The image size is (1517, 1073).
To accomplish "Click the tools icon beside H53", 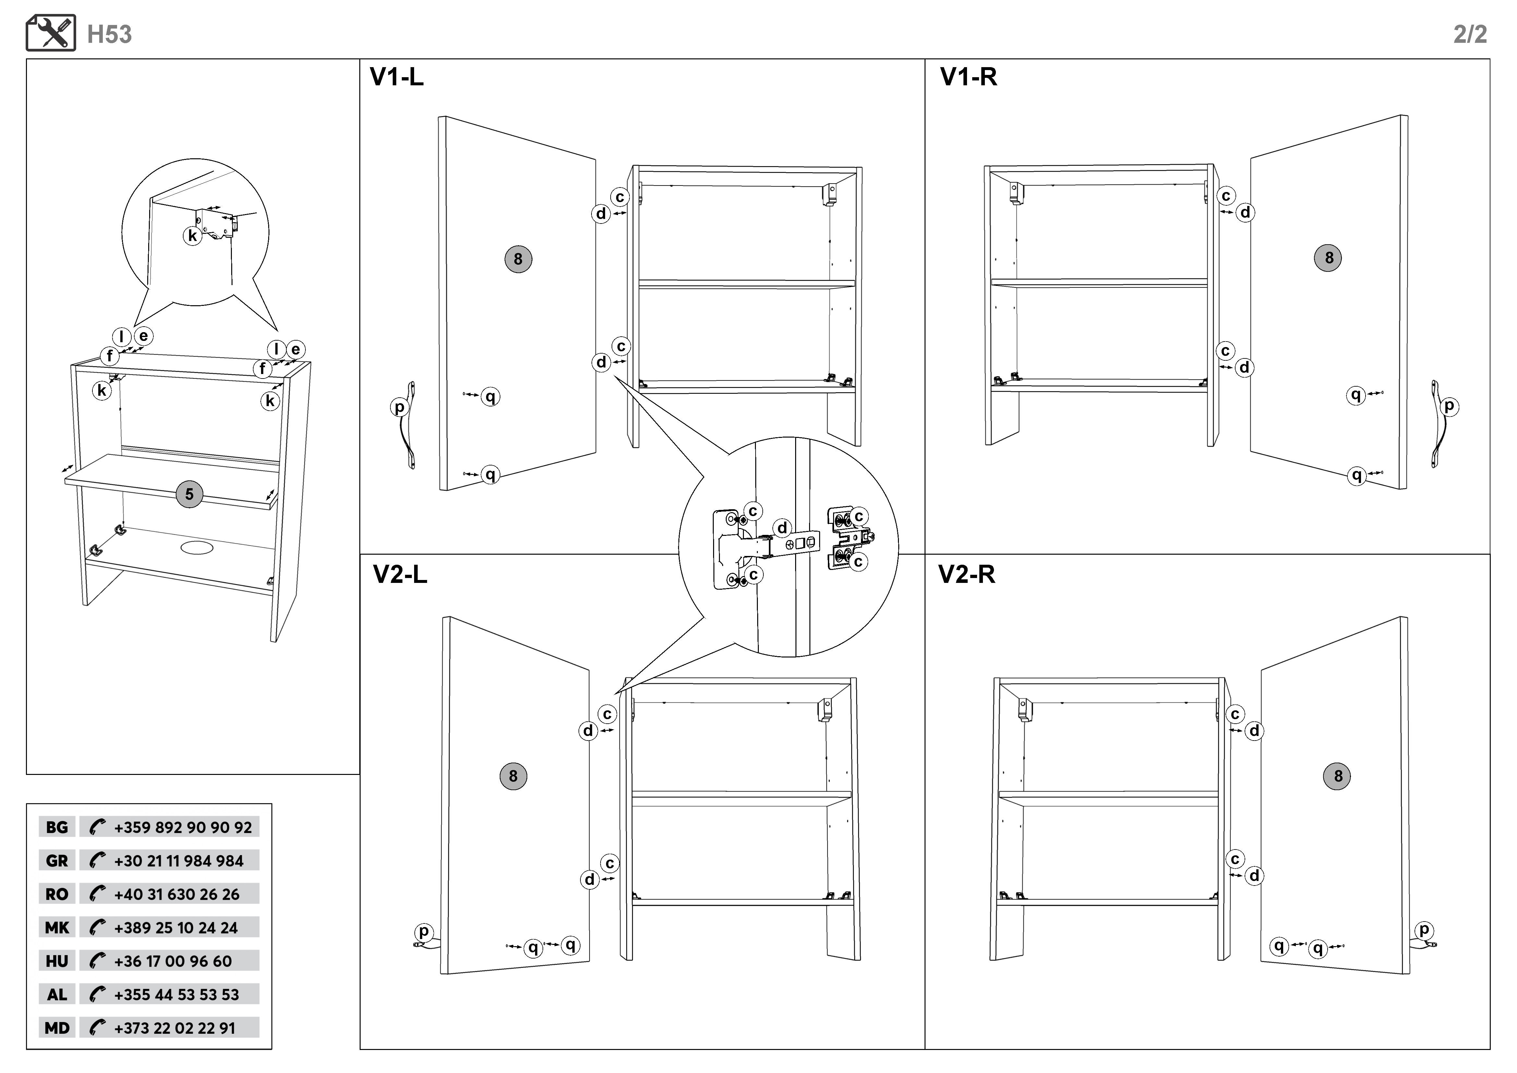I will click(x=51, y=33).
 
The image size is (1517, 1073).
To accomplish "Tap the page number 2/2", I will click(x=1469, y=34).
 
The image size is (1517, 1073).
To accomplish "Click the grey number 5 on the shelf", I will click(x=190, y=494).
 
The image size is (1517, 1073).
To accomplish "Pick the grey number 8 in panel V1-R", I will click(x=1329, y=258).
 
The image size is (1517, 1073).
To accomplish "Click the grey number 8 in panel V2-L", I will click(x=513, y=776).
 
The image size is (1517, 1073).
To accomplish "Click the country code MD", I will click(x=57, y=1028).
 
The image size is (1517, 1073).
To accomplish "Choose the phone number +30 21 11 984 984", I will click(x=178, y=861).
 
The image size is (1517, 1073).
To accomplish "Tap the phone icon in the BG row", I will click(x=97, y=827).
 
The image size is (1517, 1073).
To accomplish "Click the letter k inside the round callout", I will click(x=192, y=236).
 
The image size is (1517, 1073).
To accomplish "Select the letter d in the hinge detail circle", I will click(x=782, y=528).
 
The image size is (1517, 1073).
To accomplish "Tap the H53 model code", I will click(x=110, y=34).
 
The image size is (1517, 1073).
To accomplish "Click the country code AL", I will click(x=57, y=995).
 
